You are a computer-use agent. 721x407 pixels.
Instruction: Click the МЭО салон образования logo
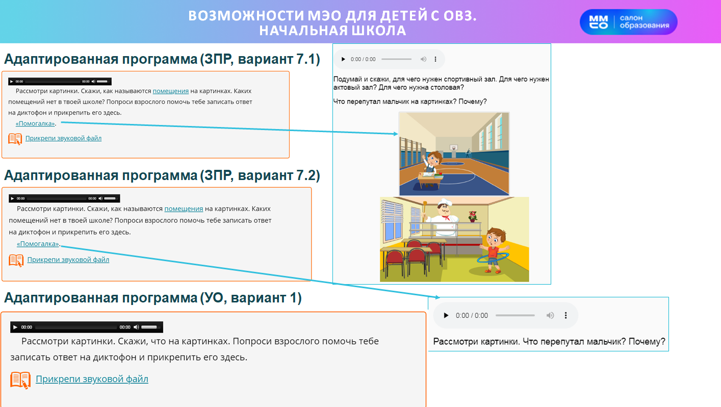click(628, 22)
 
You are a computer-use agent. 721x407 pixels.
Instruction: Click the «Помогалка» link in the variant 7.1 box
click(35, 123)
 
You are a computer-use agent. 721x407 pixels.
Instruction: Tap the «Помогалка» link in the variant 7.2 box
click(38, 244)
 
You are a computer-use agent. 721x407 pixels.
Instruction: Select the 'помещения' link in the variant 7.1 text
click(171, 91)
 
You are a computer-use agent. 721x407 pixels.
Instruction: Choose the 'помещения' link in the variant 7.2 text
click(184, 209)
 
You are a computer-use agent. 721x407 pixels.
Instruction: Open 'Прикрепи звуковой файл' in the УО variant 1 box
click(92, 379)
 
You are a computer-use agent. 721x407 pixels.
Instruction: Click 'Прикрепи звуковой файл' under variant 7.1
click(63, 138)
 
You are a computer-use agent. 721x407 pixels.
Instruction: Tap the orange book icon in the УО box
click(20, 380)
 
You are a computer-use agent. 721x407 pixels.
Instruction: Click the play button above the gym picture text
click(343, 59)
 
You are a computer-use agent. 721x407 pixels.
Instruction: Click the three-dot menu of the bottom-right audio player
click(565, 316)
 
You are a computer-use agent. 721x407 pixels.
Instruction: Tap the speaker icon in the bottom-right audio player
click(550, 316)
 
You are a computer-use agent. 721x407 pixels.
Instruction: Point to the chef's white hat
click(445, 202)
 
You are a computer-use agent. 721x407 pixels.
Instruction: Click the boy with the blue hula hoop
click(493, 250)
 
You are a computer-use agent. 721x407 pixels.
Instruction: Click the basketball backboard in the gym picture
click(453, 147)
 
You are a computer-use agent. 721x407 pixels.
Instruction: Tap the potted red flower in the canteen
click(473, 216)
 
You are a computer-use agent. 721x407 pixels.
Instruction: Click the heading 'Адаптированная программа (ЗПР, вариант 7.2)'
click(162, 175)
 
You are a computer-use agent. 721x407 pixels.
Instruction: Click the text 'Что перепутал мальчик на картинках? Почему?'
click(410, 102)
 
